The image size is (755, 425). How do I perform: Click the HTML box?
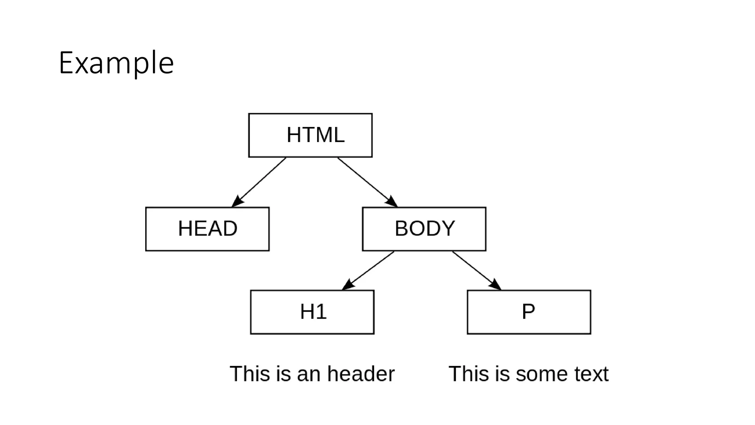pyautogui.click(x=310, y=135)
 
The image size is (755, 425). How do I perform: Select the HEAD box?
pyautogui.click(x=207, y=229)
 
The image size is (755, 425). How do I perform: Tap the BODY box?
pyautogui.click(x=424, y=229)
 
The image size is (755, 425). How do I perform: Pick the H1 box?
pyautogui.click(x=312, y=312)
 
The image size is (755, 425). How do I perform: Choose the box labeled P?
pyautogui.click(x=529, y=312)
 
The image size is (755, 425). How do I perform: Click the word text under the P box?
pyautogui.click(x=590, y=374)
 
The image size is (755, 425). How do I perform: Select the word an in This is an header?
pyautogui.click(x=309, y=374)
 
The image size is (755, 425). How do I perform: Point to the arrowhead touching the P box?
pyautogui.click(x=496, y=285)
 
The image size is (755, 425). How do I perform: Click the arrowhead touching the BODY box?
pyautogui.click(x=392, y=202)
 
